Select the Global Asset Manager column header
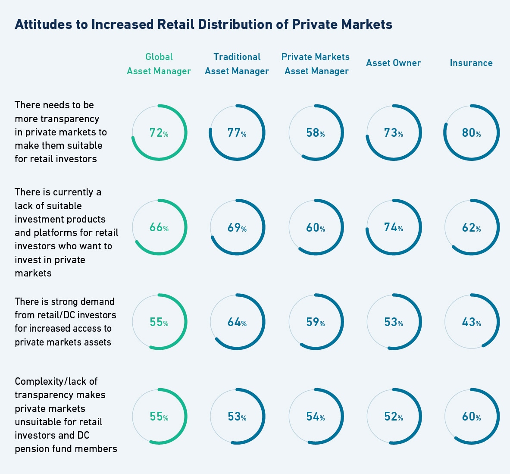point(159,64)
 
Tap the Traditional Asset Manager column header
point(237,64)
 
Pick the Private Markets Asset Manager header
point(316,64)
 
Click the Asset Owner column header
point(393,63)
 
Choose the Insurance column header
point(471,63)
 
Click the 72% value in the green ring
point(159,133)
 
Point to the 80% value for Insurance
point(471,133)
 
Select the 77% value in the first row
point(237,133)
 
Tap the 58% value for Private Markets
point(315,133)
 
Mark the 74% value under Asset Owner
point(393,227)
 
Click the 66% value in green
point(159,227)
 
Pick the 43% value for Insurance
point(471,322)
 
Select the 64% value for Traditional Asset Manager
point(237,322)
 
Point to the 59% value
point(315,322)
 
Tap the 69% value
point(237,227)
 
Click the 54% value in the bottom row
point(315,417)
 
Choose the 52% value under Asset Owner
point(393,417)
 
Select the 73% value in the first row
point(393,133)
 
